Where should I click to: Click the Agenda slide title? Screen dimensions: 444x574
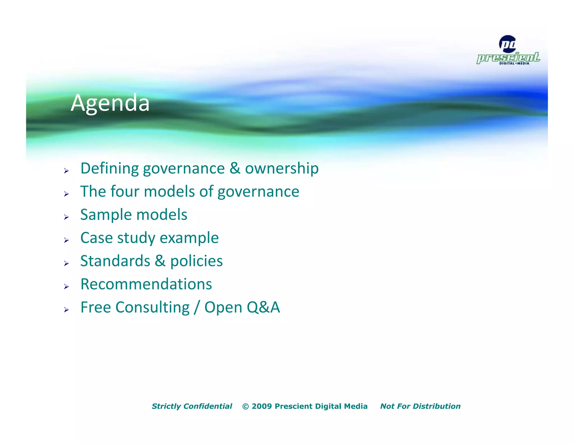point(110,103)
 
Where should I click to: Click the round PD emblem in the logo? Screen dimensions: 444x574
point(508,44)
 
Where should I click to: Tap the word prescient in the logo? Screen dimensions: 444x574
point(508,58)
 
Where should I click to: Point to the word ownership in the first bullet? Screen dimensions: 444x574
point(282,168)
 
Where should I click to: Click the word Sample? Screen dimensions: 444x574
point(106,215)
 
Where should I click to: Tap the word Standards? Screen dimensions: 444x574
point(115,261)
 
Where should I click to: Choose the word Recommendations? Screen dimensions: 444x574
point(146,284)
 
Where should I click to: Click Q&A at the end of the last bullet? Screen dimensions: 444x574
point(263,307)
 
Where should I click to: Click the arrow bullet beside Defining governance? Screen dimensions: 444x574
point(66,171)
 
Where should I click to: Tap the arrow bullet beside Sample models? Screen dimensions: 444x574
point(66,217)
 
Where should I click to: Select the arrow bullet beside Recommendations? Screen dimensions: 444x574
point(66,286)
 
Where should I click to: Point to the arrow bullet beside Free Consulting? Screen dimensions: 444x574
point(66,310)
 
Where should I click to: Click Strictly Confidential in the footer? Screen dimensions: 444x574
point(192,406)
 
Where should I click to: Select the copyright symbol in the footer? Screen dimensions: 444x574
point(246,406)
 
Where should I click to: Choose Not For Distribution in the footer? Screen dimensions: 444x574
point(420,406)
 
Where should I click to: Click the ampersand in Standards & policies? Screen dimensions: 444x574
point(160,261)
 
